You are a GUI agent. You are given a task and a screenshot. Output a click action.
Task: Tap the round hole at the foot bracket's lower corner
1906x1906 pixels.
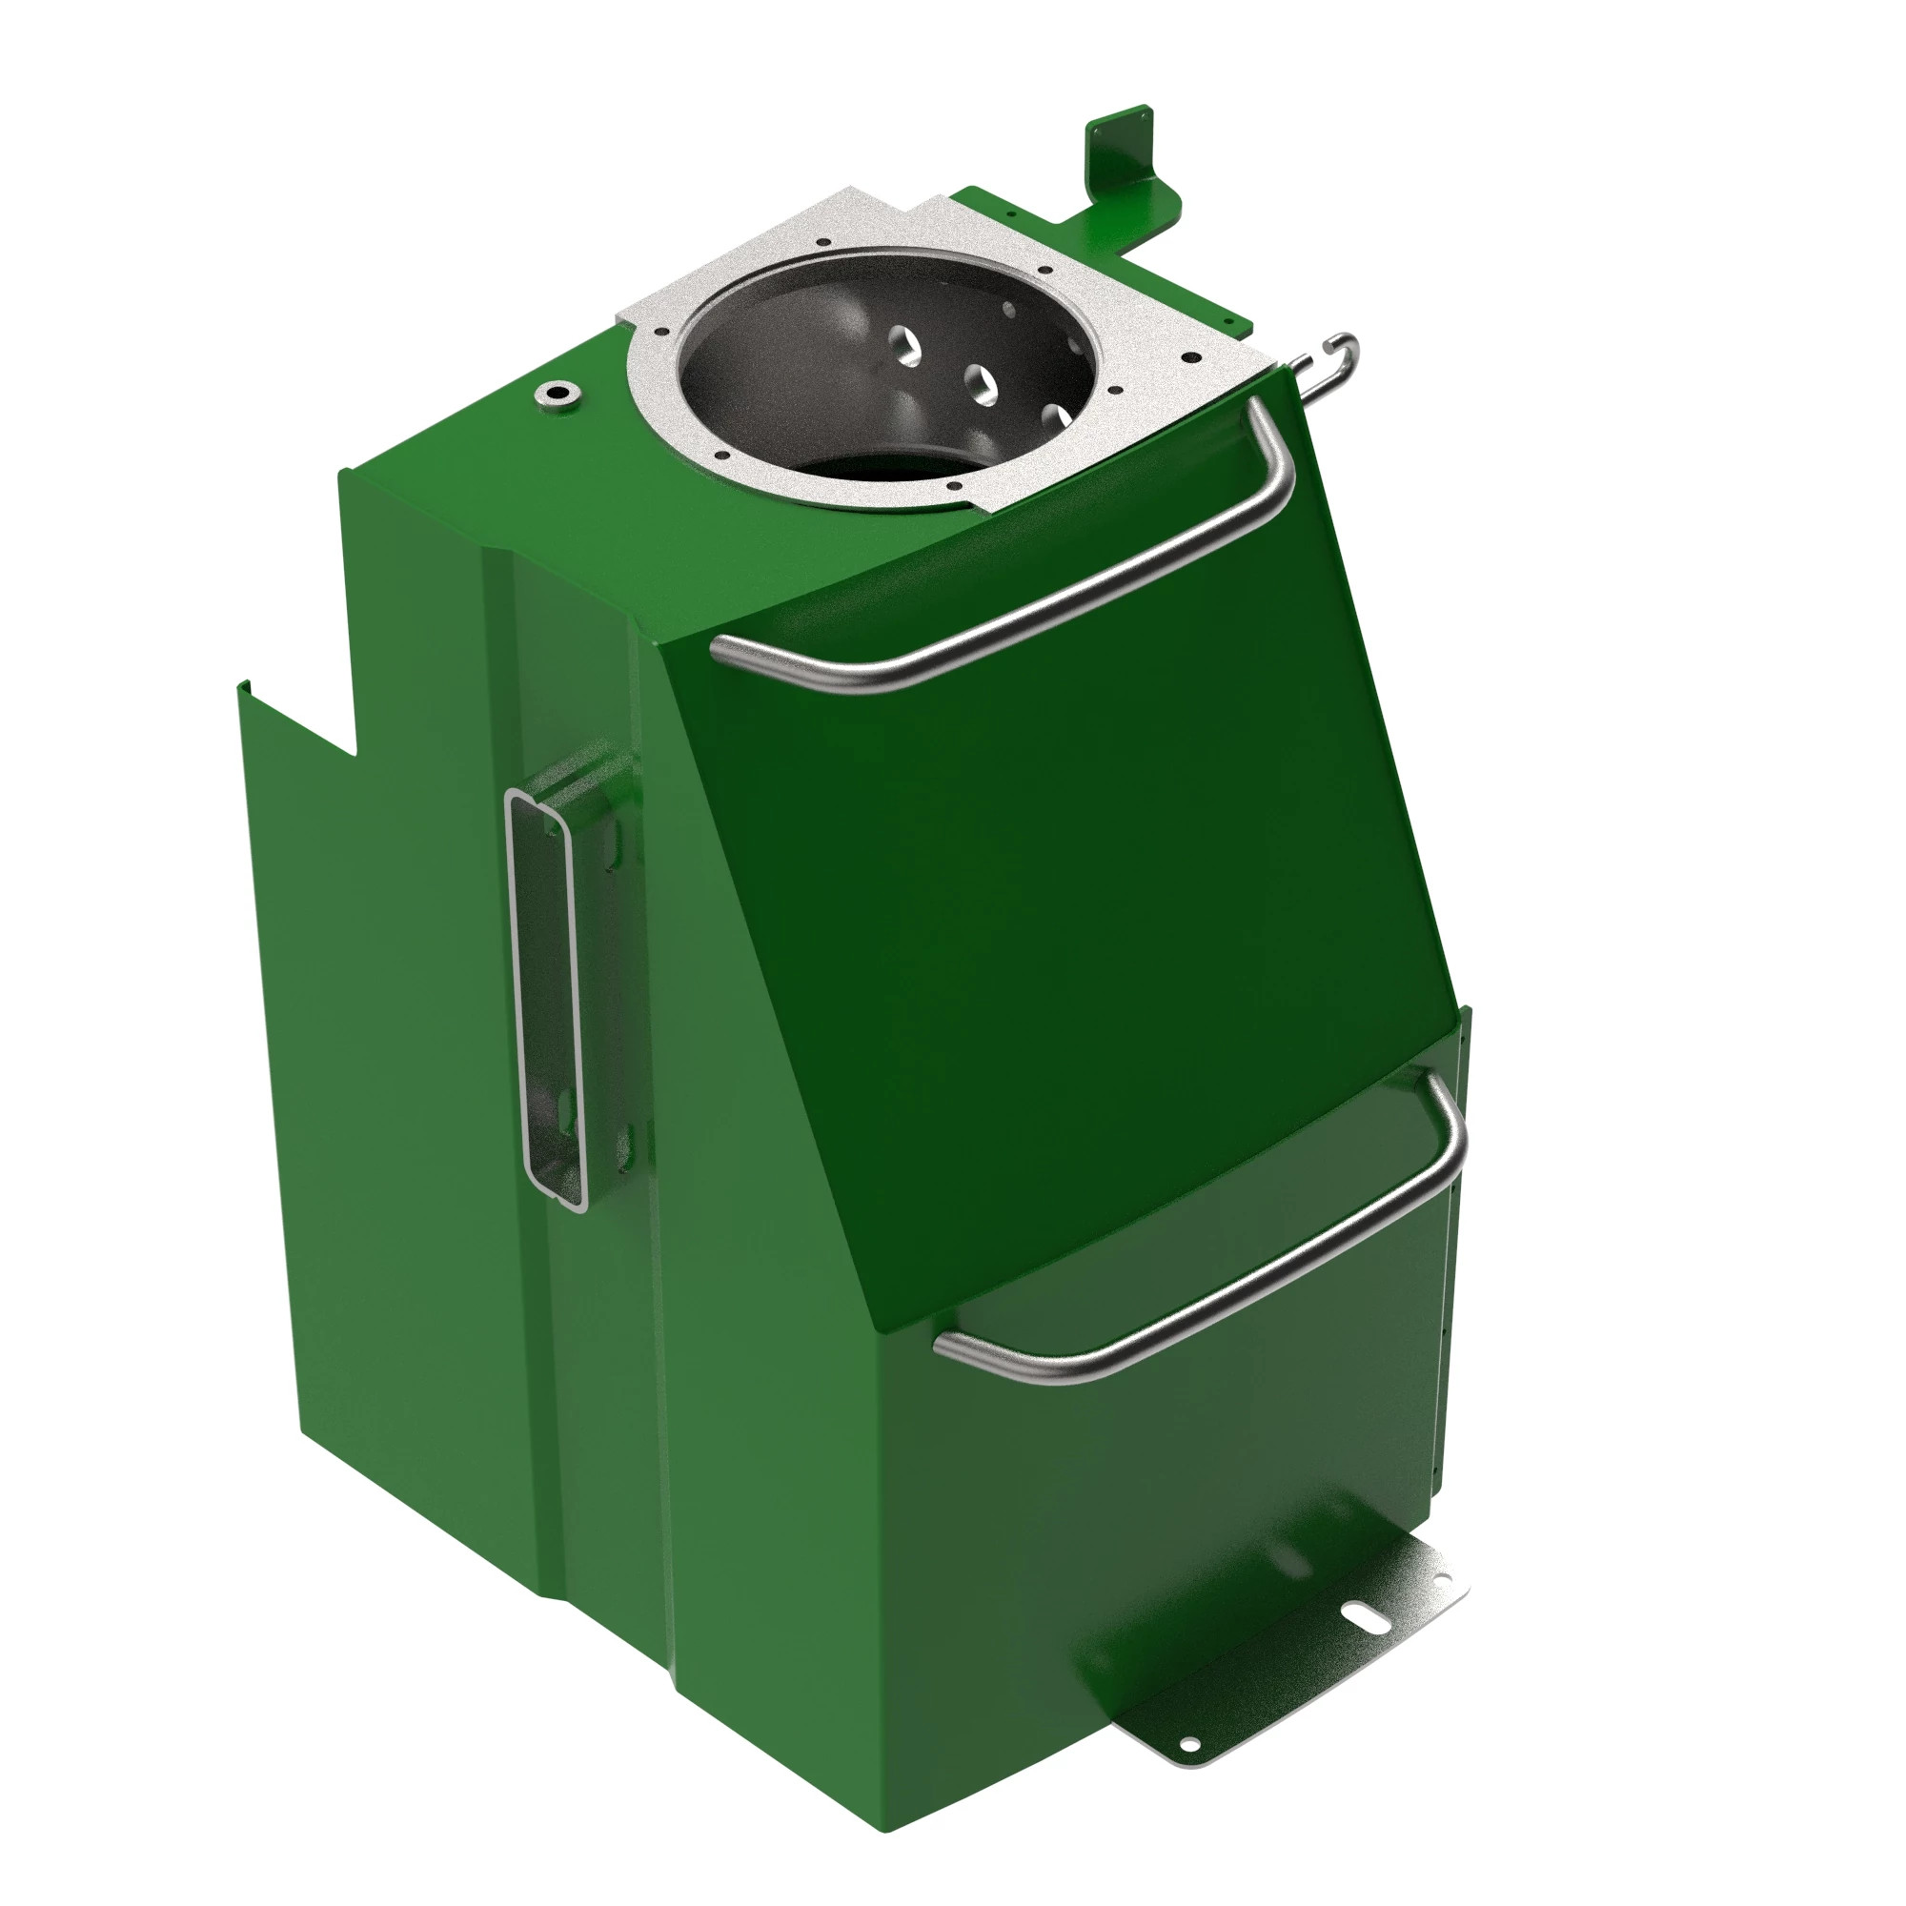[x=1190, y=1744]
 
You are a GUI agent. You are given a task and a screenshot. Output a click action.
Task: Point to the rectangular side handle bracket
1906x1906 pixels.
[x=548, y=997]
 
